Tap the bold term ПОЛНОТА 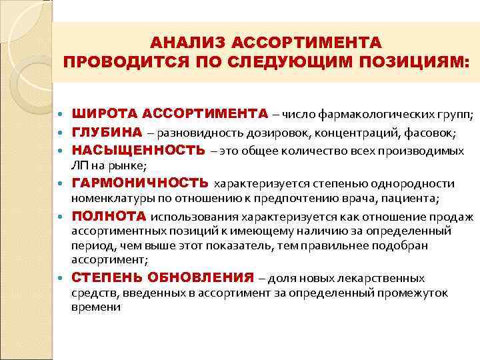109,216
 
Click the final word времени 96,307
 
